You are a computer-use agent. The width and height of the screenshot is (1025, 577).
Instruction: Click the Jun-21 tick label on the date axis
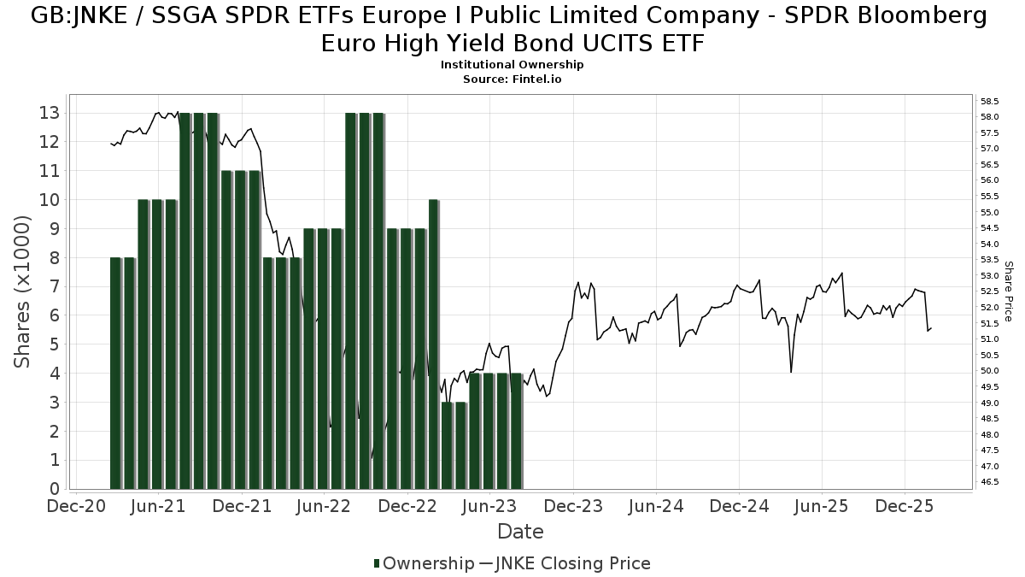tap(160, 506)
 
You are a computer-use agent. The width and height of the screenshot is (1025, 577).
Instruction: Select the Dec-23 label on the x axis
tap(574, 506)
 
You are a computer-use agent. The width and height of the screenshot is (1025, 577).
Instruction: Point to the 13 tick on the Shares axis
tap(49, 113)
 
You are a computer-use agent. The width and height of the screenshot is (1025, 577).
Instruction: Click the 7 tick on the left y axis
tap(54, 287)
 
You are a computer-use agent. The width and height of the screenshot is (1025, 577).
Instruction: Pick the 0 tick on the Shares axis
tap(54, 490)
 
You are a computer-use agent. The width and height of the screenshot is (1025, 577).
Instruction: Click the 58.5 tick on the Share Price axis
tap(990, 101)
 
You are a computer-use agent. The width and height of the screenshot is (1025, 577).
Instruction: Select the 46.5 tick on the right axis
tap(990, 482)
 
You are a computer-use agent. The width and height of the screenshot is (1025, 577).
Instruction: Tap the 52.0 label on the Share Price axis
tap(990, 308)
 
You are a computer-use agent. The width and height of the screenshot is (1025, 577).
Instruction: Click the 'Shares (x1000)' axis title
tap(23, 291)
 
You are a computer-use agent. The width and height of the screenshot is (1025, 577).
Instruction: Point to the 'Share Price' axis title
tap(1009, 291)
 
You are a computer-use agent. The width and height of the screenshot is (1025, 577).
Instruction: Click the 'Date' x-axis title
tap(520, 532)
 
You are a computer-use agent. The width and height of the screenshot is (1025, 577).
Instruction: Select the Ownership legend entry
tap(424, 563)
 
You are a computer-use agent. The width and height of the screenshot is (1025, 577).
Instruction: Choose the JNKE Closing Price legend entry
tap(565, 563)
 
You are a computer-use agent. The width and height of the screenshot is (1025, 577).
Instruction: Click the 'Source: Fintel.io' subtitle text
tap(512, 79)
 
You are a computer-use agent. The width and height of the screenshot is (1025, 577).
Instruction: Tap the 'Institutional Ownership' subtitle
tap(512, 65)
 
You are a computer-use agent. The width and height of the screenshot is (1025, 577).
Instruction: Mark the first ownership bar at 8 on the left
tap(116, 373)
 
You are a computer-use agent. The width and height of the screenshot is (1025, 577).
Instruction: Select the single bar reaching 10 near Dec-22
tap(434, 344)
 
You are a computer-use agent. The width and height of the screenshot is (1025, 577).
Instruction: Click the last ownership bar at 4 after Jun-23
tap(516, 431)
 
